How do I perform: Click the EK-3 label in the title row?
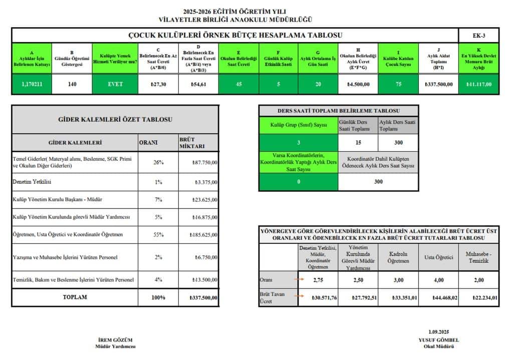[478, 36]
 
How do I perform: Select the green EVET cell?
[115, 84]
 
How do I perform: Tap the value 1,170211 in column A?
[32, 84]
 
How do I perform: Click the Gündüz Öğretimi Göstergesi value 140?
[72, 84]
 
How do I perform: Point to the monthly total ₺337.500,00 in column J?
[439, 84]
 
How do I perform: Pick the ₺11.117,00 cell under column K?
[479, 84]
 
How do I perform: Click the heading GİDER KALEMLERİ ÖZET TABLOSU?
[115, 120]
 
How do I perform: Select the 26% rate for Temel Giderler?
[158, 162]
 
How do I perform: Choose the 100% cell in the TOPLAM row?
[158, 297]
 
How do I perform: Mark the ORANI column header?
[148, 142]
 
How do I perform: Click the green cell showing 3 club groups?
[298, 143]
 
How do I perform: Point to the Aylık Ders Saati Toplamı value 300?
[398, 143]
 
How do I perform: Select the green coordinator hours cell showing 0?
[298, 182]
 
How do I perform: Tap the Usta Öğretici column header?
[438, 257]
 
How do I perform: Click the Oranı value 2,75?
[318, 280]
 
